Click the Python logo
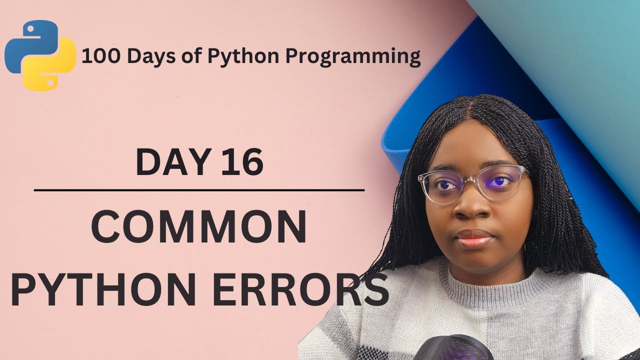click(x=40, y=55)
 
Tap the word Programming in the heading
click(x=353, y=57)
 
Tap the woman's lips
click(x=474, y=238)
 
